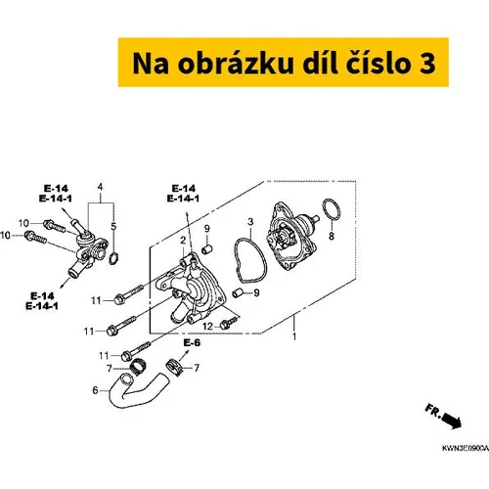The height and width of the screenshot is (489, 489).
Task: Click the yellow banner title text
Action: tap(284, 63)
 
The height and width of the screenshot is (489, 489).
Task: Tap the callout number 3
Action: tap(250, 222)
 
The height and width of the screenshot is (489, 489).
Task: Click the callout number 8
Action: tap(332, 236)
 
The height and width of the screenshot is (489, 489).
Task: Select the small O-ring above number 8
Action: tap(332, 209)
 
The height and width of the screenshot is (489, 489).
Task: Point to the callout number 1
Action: tap(294, 336)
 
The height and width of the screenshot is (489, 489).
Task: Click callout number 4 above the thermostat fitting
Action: tap(100, 187)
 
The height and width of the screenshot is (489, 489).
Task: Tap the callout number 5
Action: tap(113, 226)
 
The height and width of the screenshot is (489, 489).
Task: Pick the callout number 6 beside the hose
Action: tap(95, 390)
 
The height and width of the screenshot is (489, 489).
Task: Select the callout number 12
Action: tap(207, 326)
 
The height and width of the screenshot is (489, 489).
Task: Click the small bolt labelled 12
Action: tap(229, 323)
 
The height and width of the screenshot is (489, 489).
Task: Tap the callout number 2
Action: tap(183, 241)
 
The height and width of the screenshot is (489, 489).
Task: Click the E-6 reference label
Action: tap(192, 342)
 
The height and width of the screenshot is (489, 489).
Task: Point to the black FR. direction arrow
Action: tap(452, 421)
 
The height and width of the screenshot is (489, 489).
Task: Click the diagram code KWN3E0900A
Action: tap(466, 448)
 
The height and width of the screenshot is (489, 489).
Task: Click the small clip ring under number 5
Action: tap(113, 258)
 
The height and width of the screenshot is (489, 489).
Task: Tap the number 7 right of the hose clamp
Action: tap(197, 368)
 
